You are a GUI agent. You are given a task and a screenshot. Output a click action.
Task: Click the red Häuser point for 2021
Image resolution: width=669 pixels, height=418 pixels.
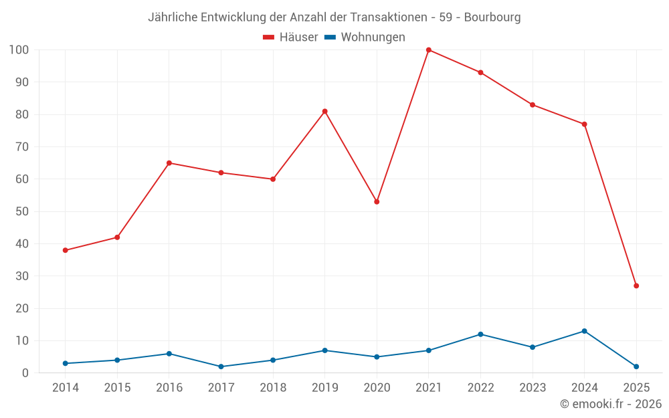[x=429, y=50]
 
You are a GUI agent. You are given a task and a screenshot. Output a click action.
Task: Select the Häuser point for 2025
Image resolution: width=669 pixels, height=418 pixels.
[x=636, y=286]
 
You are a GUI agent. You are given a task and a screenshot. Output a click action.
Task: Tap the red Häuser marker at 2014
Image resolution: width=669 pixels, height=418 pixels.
[x=66, y=250]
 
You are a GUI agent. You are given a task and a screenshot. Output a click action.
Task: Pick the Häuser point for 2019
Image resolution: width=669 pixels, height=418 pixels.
[x=325, y=111]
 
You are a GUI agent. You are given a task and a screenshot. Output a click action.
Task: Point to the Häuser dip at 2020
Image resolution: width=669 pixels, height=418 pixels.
[x=377, y=201]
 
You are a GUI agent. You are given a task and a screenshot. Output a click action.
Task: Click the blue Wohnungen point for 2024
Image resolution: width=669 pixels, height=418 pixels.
[x=584, y=331]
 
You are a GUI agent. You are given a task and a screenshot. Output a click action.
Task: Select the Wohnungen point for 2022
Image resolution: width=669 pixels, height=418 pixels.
[x=480, y=334]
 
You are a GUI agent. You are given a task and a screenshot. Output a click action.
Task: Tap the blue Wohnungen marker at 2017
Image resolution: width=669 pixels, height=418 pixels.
[x=221, y=367]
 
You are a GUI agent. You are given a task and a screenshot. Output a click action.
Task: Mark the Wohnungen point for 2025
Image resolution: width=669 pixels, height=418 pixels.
[x=636, y=367]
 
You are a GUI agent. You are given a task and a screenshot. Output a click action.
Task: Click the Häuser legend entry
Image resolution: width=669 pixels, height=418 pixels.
[x=290, y=37]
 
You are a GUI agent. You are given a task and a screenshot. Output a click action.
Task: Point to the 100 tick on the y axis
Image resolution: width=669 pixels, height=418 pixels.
[x=19, y=50]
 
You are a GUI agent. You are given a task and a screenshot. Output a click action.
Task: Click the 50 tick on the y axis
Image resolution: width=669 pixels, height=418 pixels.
[x=22, y=211]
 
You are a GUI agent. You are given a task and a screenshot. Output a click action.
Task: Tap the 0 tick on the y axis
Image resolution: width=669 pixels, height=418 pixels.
[x=25, y=373]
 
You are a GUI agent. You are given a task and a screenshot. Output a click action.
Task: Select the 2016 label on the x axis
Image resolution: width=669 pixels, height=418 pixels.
[x=169, y=388]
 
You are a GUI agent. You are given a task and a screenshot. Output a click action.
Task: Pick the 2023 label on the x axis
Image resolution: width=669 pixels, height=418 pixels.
[x=533, y=388]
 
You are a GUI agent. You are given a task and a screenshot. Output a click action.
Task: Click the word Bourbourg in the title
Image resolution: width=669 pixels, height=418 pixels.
[x=492, y=17]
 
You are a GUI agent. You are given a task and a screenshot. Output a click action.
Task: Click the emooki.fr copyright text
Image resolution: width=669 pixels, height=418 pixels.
[x=611, y=404]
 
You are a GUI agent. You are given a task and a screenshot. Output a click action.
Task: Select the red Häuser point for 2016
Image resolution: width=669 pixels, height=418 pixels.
[x=169, y=163]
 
